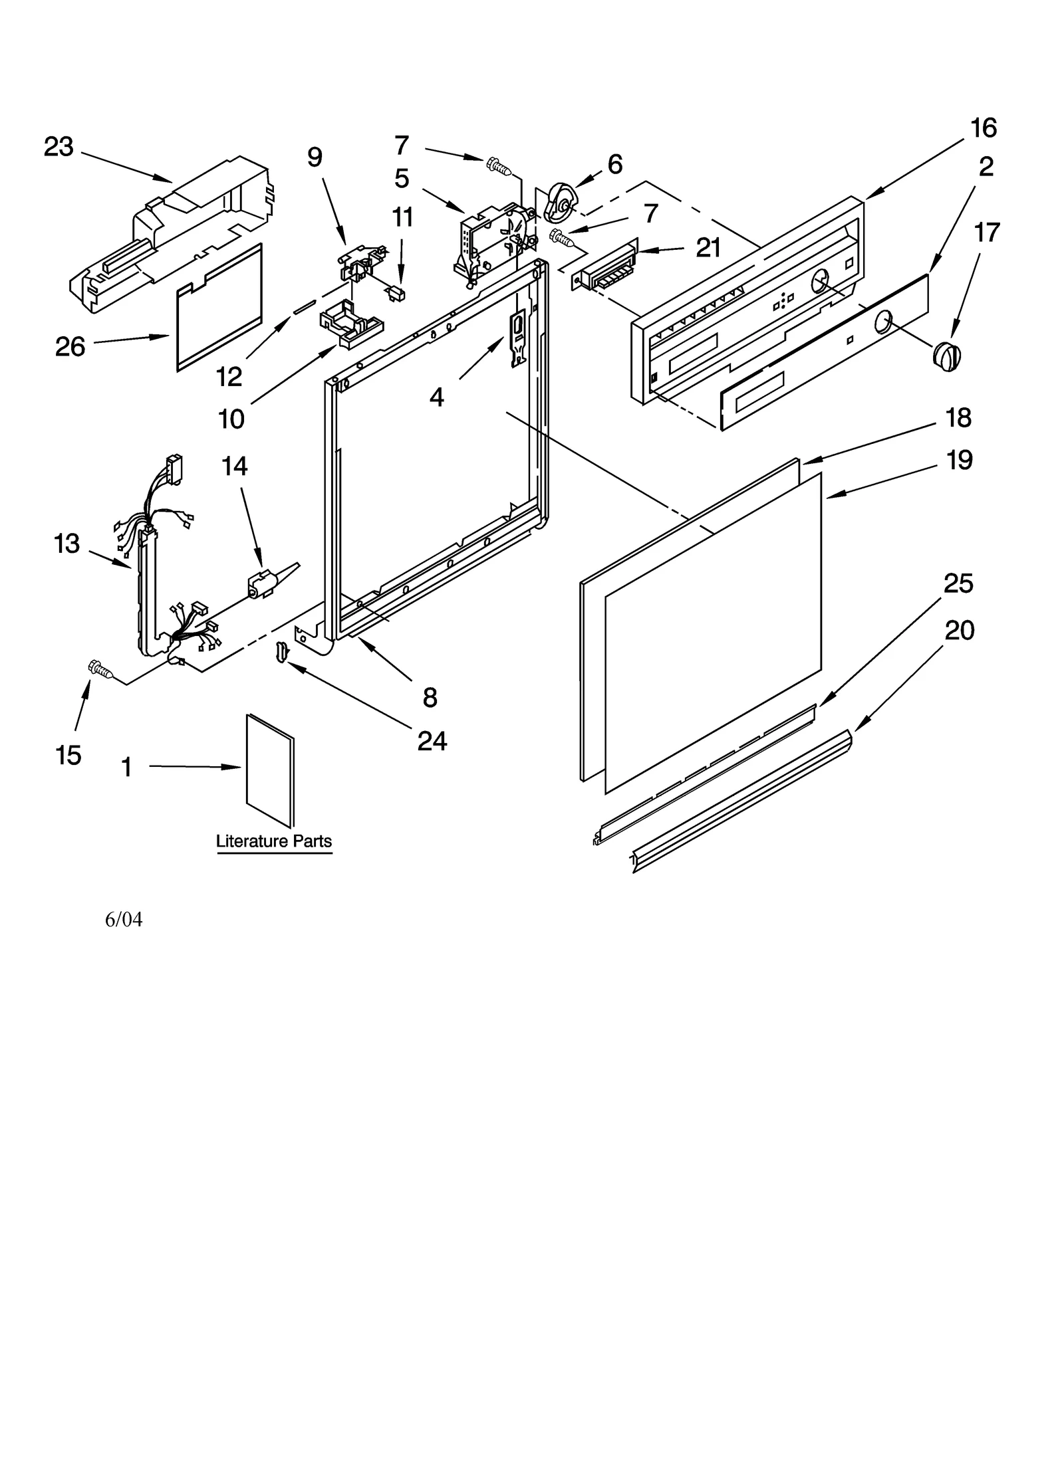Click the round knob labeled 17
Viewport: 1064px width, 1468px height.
[x=946, y=356]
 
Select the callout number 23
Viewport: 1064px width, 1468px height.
[x=59, y=147]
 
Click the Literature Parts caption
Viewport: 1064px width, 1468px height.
[x=274, y=841]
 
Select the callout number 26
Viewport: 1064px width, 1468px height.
[x=70, y=346]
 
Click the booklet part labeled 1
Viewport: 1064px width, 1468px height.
[x=269, y=770]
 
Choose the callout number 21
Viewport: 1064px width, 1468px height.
[x=709, y=248]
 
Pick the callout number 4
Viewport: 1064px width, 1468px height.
[x=436, y=397]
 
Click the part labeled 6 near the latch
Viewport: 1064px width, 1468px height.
[x=560, y=203]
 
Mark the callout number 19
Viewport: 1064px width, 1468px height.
[x=959, y=460]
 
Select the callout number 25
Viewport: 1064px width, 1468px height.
[x=958, y=583]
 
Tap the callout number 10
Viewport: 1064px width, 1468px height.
[x=231, y=419]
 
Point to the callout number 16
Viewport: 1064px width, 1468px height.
[x=984, y=128]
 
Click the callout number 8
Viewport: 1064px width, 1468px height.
[x=430, y=697]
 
